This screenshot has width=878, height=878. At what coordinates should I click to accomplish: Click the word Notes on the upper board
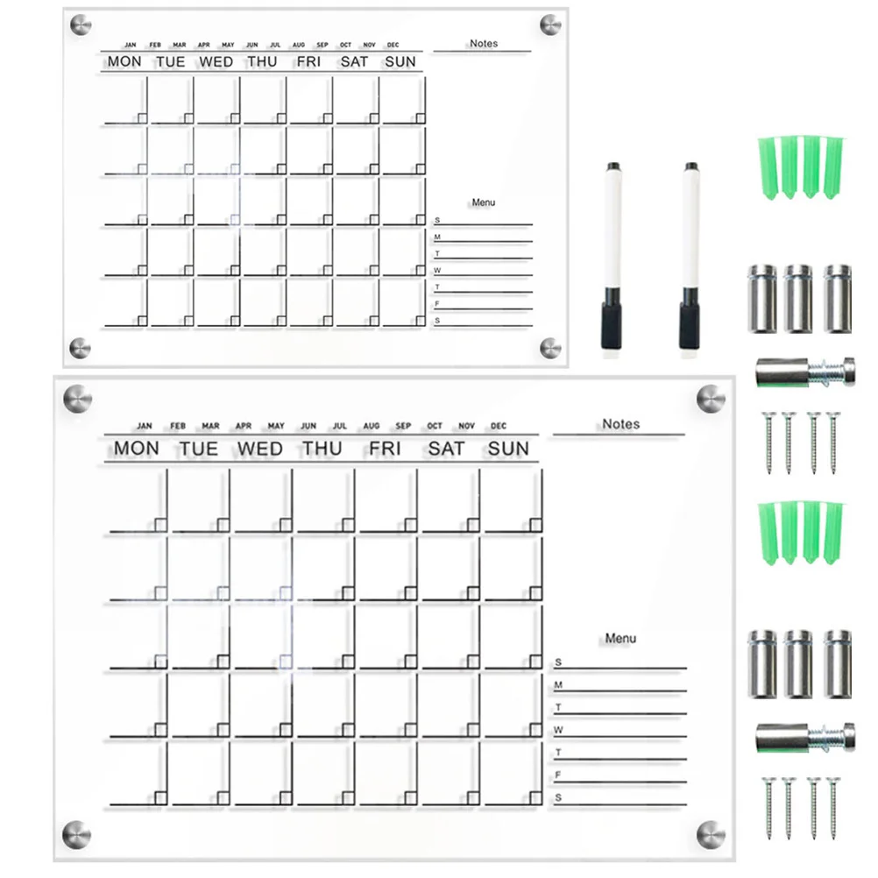483,43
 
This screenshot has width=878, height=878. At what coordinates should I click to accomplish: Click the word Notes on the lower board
620,424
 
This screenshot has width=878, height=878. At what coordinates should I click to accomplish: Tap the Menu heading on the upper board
483,202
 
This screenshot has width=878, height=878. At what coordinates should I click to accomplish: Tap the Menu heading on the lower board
620,639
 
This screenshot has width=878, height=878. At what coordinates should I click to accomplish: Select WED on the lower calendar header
258,449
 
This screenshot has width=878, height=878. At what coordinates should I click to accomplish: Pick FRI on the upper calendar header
308,61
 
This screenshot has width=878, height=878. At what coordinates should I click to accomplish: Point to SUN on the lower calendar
508,449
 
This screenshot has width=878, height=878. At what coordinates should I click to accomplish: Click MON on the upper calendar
124,61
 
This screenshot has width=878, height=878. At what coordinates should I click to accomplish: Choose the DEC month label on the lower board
499,426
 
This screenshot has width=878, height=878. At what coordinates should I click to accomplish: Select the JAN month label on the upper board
131,45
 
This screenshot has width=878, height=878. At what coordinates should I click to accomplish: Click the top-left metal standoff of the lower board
77,400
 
